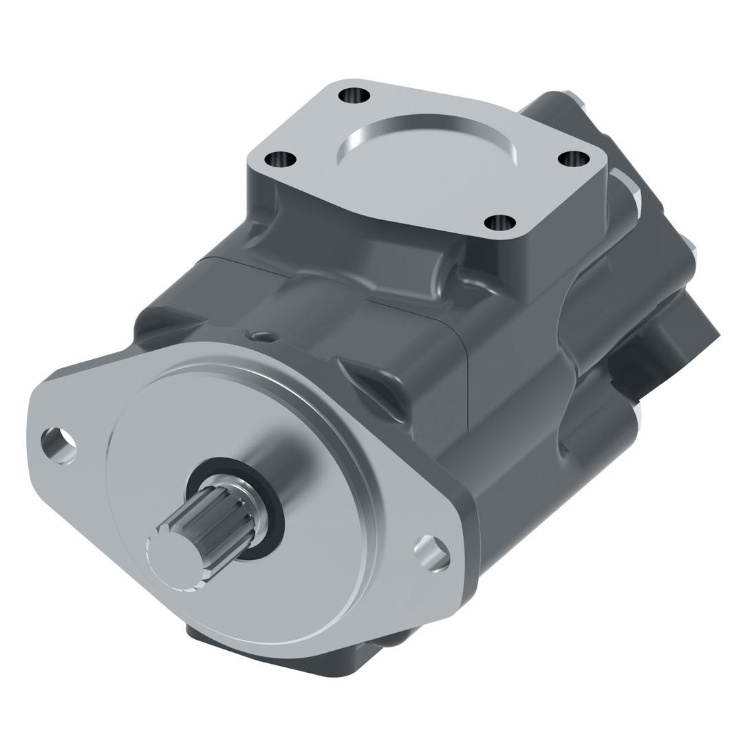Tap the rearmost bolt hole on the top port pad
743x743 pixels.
click(x=354, y=95)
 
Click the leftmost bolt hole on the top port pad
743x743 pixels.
click(x=280, y=160)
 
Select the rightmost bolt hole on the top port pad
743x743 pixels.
click(x=573, y=159)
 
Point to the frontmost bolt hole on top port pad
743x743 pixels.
click(x=500, y=223)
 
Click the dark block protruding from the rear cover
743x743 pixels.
click(x=660, y=344)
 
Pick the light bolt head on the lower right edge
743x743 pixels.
click(x=636, y=413)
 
